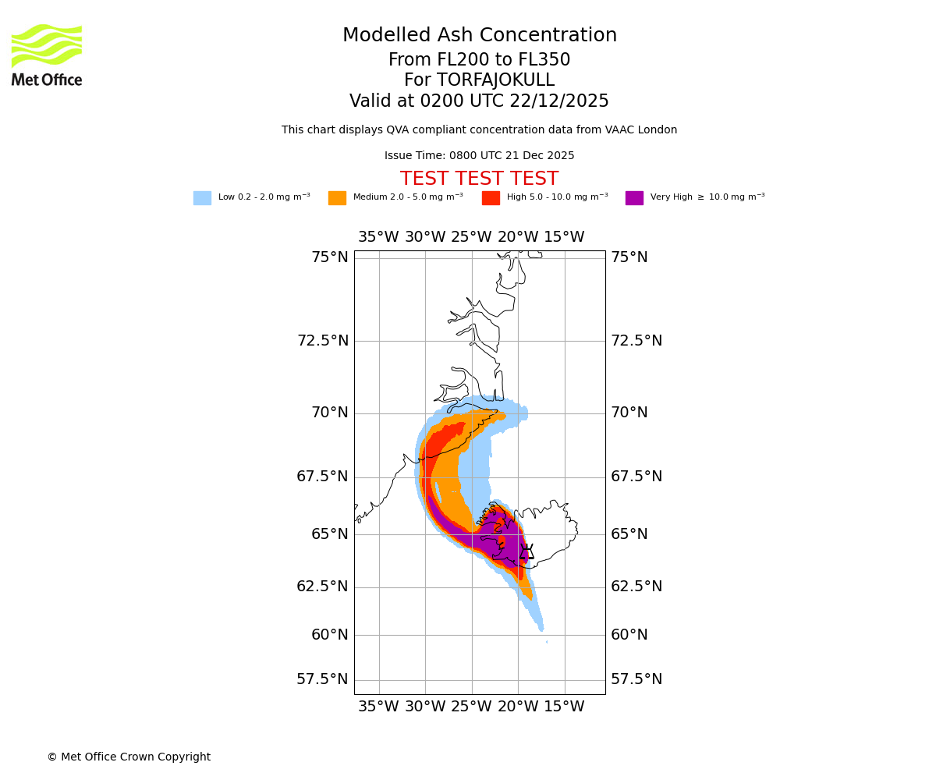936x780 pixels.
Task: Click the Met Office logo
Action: point(47,55)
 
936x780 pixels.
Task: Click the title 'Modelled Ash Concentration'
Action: point(479,36)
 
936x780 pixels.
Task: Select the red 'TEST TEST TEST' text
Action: point(479,179)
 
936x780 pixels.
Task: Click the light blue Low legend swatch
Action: point(202,198)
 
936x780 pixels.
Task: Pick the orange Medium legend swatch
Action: point(337,198)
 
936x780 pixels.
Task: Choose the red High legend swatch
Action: point(491,198)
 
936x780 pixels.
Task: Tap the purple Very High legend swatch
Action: point(634,198)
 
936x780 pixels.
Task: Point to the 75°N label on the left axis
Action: point(330,257)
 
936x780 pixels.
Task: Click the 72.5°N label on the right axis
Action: point(636,341)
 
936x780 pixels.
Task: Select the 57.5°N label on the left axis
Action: point(322,679)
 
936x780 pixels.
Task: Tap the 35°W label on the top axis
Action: point(378,237)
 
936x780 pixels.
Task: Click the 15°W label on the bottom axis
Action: point(564,707)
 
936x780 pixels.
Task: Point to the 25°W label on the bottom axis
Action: point(471,707)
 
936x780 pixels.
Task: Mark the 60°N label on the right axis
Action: point(629,635)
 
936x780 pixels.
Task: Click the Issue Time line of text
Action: point(479,156)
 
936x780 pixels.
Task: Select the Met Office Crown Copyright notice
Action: point(129,757)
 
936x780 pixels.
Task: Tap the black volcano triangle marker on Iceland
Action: point(527,551)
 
